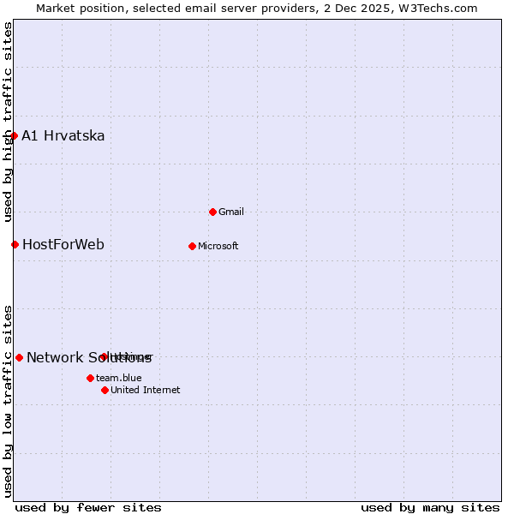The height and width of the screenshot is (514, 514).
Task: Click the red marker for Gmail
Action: tap(212, 212)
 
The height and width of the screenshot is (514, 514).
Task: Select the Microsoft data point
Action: tap(192, 246)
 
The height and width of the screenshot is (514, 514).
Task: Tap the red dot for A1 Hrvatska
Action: tap(14, 135)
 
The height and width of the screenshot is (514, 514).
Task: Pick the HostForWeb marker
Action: tap(15, 244)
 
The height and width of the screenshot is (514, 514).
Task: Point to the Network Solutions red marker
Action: tap(19, 357)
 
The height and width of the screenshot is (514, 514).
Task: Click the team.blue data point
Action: tap(90, 378)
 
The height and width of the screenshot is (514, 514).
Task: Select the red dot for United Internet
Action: tap(105, 390)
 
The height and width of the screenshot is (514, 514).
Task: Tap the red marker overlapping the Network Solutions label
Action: tap(104, 356)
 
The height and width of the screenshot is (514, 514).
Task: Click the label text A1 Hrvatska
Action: tap(63, 135)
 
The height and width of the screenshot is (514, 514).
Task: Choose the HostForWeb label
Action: tap(63, 244)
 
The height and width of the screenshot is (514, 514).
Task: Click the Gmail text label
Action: tap(230, 212)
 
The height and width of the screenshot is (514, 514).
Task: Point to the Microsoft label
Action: tap(218, 246)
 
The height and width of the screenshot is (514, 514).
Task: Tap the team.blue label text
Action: tap(118, 378)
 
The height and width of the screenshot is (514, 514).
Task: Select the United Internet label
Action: tap(145, 390)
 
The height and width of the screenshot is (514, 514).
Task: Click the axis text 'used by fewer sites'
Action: tap(88, 507)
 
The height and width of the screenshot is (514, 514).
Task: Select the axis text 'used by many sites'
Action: tap(430, 507)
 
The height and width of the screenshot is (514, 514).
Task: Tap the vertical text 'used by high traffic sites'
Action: tap(8, 122)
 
